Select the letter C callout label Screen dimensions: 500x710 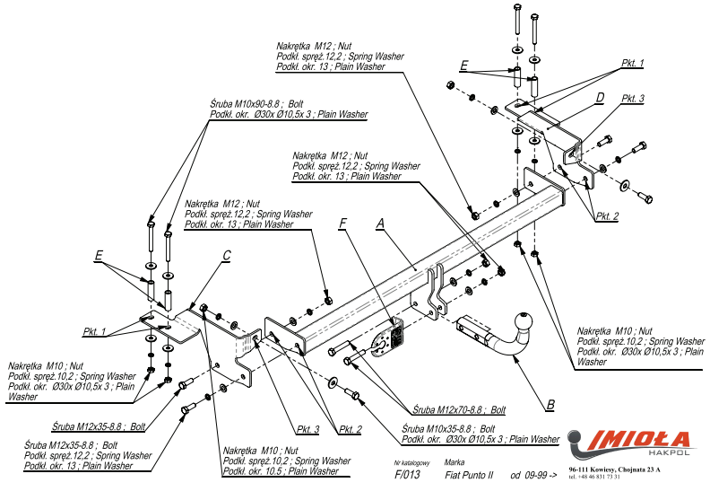click(x=226, y=256)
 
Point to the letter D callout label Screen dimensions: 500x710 click(x=600, y=97)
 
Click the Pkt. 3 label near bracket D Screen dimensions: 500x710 click(x=632, y=99)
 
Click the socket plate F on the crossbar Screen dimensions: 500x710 click(x=389, y=339)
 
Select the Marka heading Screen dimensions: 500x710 click(x=455, y=461)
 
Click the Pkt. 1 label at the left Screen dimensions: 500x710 click(x=95, y=332)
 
